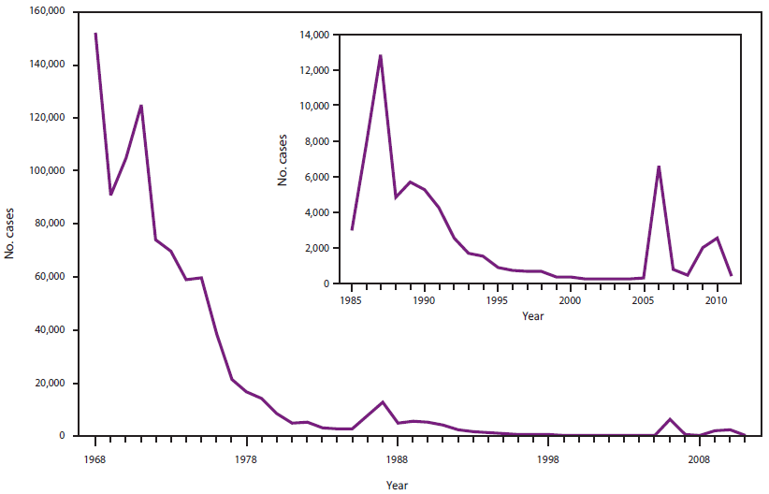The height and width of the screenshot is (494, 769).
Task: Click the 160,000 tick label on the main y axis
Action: (x=46, y=12)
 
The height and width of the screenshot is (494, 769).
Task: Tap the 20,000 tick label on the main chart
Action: (x=49, y=384)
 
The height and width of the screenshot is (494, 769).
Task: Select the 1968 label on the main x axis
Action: (x=94, y=460)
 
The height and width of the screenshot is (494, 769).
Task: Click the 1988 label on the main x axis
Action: (x=397, y=460)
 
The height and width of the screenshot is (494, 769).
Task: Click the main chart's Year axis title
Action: (x=397, y=486)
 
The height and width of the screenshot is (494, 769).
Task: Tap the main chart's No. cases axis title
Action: (x=10, y=225)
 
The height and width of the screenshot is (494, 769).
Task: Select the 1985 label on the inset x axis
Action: (x=353, y=301)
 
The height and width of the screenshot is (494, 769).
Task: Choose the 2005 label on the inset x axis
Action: (x=643, y=301)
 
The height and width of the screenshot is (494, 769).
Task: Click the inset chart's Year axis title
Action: (x=531, y=316)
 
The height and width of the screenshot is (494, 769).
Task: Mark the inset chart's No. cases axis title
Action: (x=283, y=159)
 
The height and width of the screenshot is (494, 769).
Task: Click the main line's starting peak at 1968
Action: (x=95, y=34)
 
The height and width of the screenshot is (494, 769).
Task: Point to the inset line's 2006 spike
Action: (x=659, y=167)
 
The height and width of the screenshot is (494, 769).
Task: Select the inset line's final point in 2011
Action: (x=731, y=275)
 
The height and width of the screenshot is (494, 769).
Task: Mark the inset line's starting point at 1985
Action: (x=353, y=229)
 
